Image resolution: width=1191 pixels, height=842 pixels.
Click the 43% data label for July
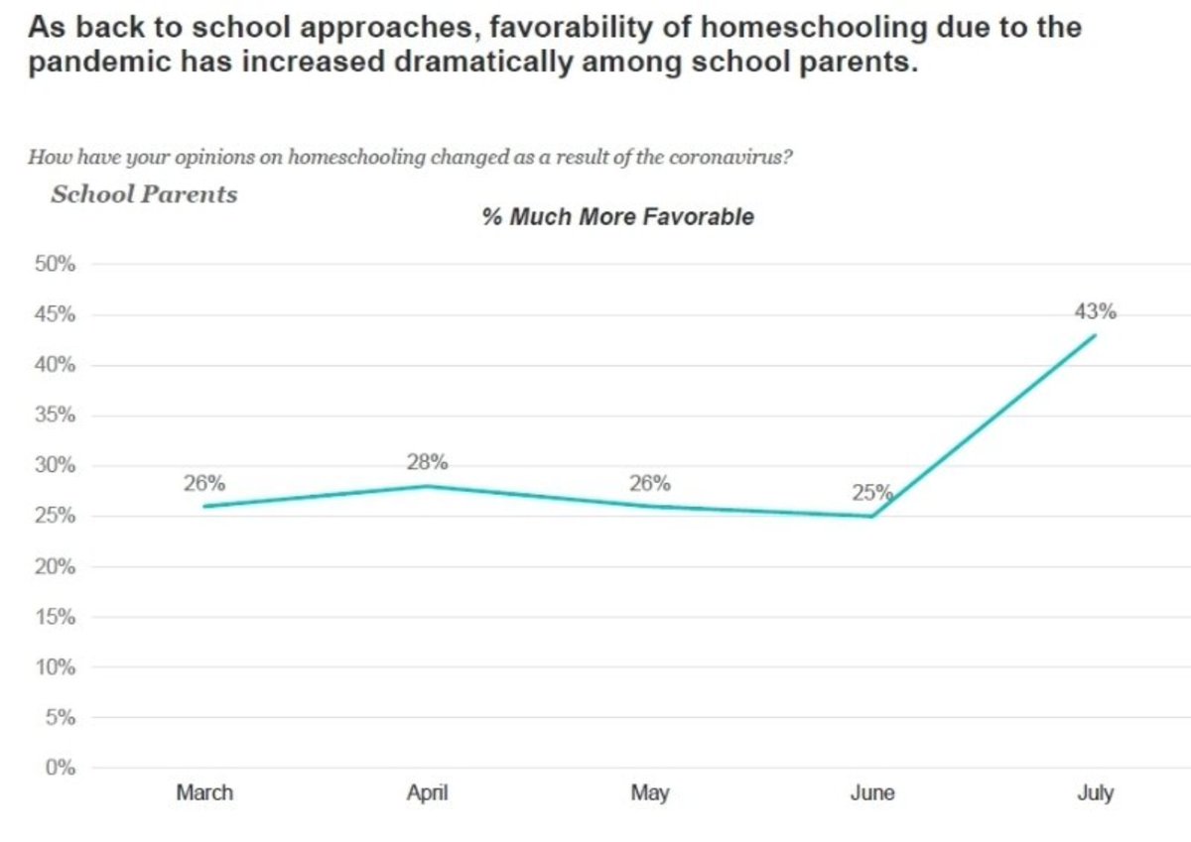(1096, 311)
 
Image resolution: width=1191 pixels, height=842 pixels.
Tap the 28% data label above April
(427, 462)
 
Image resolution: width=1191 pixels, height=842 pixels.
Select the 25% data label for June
(872, 492)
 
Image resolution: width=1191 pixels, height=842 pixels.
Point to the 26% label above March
(203, 484)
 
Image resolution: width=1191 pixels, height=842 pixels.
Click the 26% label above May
(650, 484)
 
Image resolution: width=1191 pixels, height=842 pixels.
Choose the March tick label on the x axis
(204, 792)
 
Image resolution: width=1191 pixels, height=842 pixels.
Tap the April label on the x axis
(428, 792)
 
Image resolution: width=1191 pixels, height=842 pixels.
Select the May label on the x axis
(650, 792)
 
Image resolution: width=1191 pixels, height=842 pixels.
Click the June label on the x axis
(873, 792)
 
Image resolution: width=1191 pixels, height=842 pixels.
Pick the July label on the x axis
(1096, 792)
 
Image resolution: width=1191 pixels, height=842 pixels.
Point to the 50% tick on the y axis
(56, 265)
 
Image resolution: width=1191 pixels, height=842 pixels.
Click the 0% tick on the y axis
(61, 768)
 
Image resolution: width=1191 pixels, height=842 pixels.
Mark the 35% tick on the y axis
(56, 416)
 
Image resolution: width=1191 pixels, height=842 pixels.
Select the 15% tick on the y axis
(56, 617)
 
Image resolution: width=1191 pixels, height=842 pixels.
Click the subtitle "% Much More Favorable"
(617, 217)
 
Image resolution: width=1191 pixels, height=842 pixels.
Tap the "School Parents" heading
(144, 193)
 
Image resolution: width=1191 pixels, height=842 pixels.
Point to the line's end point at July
(1096, 334)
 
